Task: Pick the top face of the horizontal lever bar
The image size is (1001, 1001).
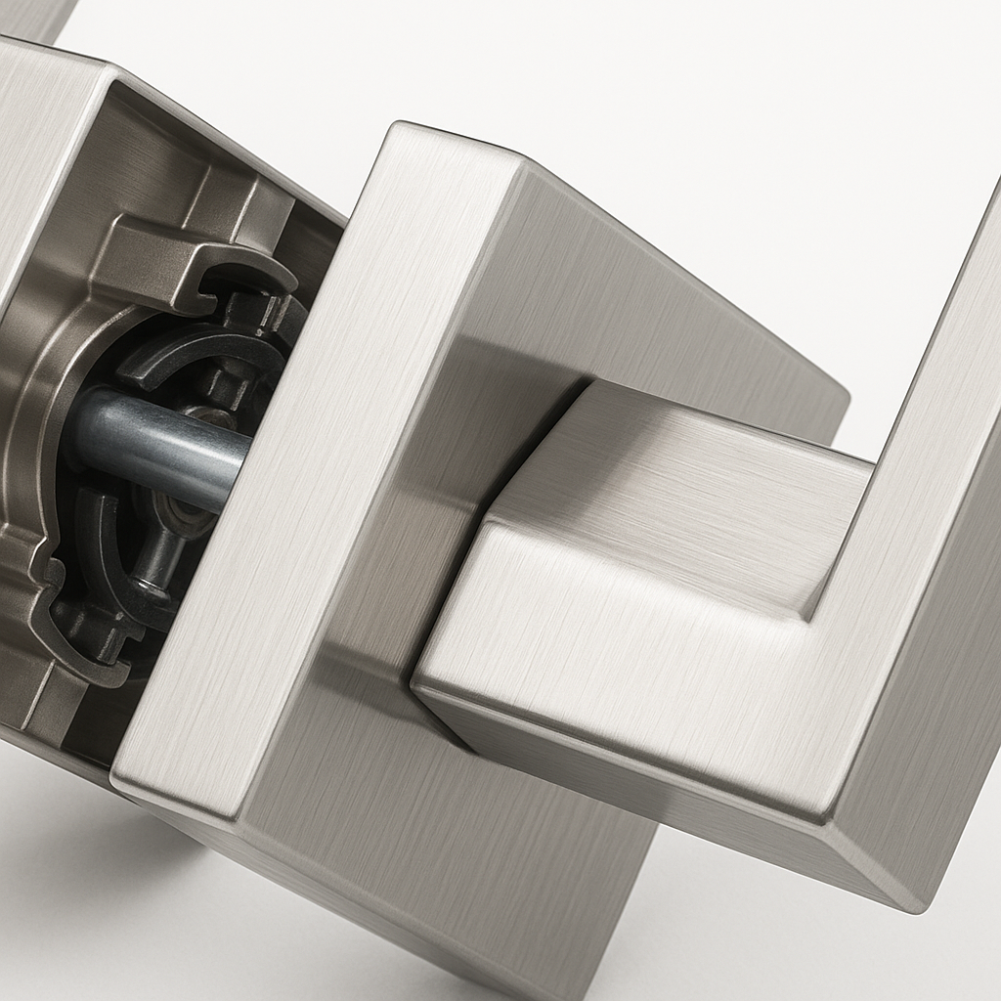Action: [684, 479]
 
